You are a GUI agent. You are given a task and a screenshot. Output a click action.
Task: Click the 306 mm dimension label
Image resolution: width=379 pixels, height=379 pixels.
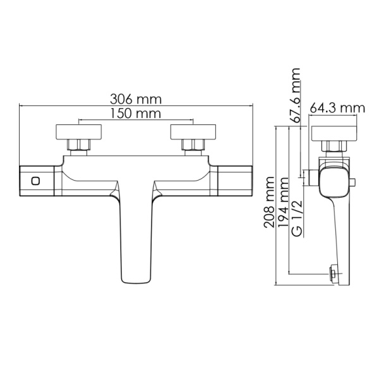[x=135, y=99]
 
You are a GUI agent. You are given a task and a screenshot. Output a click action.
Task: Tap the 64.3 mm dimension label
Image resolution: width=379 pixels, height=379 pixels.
[x=337, y=108]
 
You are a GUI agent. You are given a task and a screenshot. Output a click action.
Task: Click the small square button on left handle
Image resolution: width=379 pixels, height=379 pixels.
[x=36, y=181]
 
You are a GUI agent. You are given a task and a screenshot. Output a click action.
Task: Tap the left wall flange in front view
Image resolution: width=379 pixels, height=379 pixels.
[x=78, y=133]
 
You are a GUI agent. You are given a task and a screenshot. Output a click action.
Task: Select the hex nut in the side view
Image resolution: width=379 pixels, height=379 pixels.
[x=334, y=147]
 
